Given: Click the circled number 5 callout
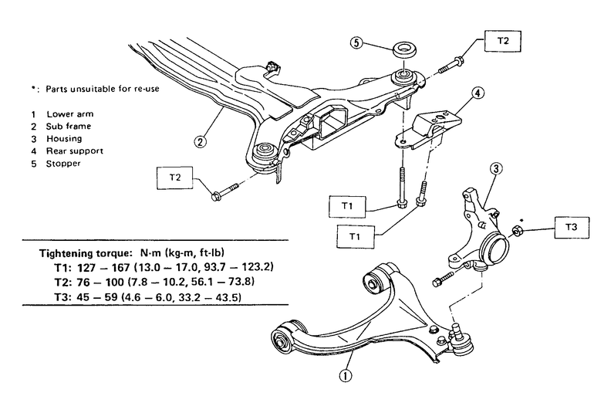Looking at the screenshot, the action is (356, 42).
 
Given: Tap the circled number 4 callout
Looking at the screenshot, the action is (478, 93).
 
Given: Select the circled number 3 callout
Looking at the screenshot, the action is (496, 168).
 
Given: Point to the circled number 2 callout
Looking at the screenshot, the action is (201, 142).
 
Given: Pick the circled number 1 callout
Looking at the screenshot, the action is (346, 376).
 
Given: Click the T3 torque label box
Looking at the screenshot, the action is (572, 228).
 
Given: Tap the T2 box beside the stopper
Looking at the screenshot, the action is (503, 42).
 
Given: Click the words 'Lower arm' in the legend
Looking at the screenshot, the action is (70, 114).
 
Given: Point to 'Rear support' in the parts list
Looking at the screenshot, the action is (75, 151).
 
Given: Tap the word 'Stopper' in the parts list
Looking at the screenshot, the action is (63, 164).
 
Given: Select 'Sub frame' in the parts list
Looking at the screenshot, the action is (69, 127).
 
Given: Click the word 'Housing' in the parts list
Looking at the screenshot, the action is (64, 139).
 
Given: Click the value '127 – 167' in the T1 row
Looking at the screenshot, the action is (103, 268).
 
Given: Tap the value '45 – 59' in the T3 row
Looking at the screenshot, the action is (97, 297).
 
